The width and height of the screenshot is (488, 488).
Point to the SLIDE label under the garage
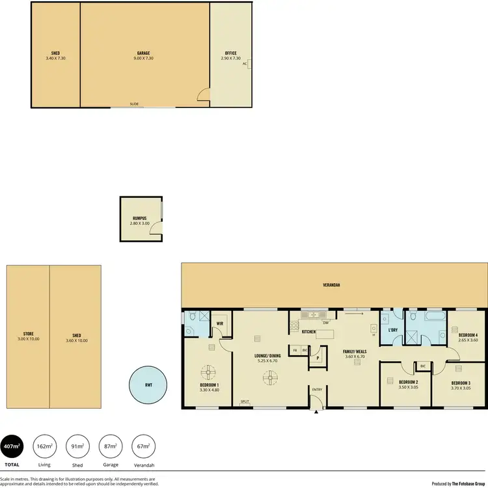pyautogui.click(x=134, y=104)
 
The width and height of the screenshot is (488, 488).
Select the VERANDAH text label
pyautogui.click(x=332, y=285)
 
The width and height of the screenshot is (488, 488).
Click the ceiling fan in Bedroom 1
pyautogui.click(x=208, y=372)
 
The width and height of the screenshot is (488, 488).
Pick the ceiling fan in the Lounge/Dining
pyautogui.click(x=269, y=377)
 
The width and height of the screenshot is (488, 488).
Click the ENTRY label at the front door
pyautogui.click(x=317, y=390)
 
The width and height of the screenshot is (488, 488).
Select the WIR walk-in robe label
pyautogui.click(x=220, y=323)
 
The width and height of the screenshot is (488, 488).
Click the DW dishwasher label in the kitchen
pyautogui.click(x=325, y=322)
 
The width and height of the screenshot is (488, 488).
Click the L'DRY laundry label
pyautogui.click(x=393, y=331)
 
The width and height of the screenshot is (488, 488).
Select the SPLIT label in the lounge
pyautogui.click(x=245, y=401)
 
